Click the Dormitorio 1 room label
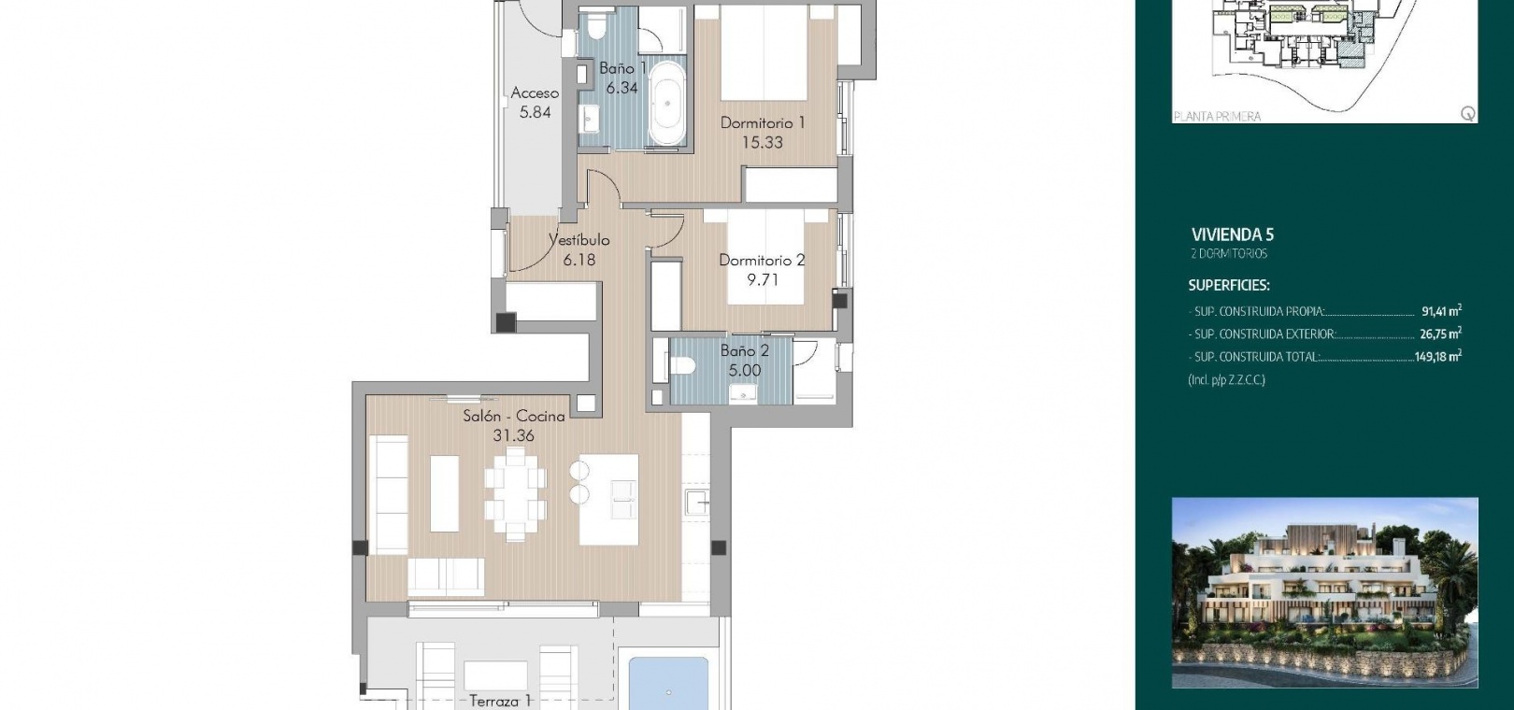(x=763, y=123)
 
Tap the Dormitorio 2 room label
(x=762, y=260)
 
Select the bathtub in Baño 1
(x=667, y=104)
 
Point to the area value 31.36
(x=514, y=435)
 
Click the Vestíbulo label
(x=579, y=240)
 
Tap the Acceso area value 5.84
(x=535, y=112)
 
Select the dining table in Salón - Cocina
(x=515, y=495)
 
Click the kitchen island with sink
(x=609, y=499)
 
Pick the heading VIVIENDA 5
(x=1232, y=235)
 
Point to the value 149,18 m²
(x=1438, y=356)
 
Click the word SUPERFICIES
(x=1229, y=285)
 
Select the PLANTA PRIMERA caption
(x=1218, y=116)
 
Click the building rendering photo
(x=1325, y=593)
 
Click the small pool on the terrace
(x=668, y=684)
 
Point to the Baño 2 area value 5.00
(x=745, y=370)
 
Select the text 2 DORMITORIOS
(x=1229, y=254)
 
